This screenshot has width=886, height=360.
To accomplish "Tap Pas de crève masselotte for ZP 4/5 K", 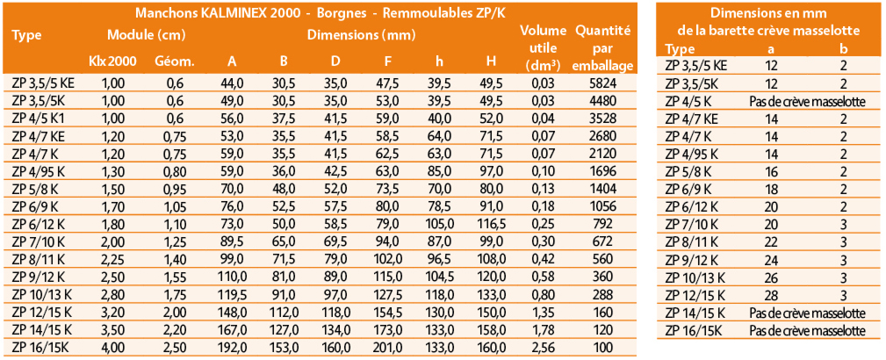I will pyautogui.click(x=808, y=102).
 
